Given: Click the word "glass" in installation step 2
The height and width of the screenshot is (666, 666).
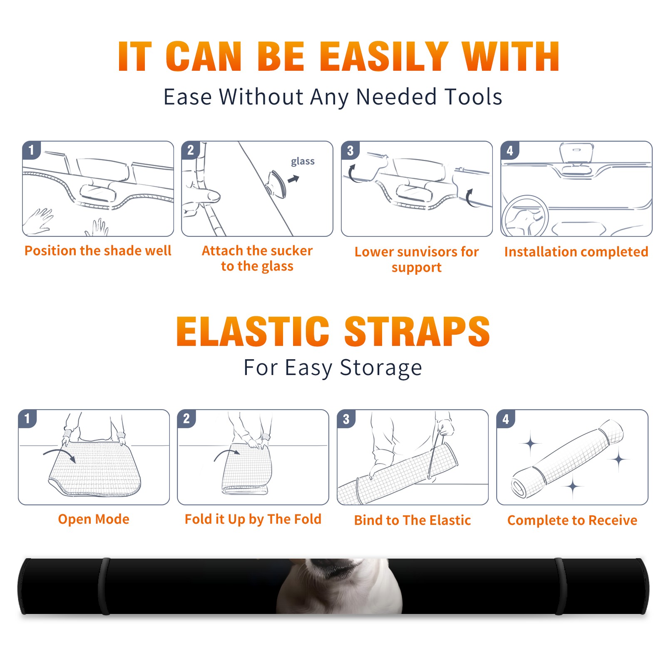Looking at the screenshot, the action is point(303,162).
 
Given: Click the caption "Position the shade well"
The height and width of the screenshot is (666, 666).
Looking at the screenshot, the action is point(98,251).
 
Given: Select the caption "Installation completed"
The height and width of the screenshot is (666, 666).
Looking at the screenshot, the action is point(576,252).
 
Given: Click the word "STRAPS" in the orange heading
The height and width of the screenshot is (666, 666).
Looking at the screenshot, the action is point(417,331).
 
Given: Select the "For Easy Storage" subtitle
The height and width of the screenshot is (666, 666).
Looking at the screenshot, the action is point(333,368).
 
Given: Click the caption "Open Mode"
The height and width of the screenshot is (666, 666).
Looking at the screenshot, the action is point(94,519).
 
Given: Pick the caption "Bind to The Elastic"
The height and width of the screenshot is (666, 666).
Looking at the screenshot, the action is point(413,520).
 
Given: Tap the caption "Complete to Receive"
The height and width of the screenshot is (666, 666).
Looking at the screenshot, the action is point(572,520).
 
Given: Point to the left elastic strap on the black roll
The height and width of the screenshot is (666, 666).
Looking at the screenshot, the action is point(104,586).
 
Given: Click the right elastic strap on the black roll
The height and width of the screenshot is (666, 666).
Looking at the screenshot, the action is point(561,586).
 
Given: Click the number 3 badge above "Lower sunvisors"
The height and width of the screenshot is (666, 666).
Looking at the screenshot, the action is point(350,150).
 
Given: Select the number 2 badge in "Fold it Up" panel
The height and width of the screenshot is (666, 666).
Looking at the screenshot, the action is point(186,418).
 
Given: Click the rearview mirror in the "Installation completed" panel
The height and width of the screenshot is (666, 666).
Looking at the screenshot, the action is point(577,153).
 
